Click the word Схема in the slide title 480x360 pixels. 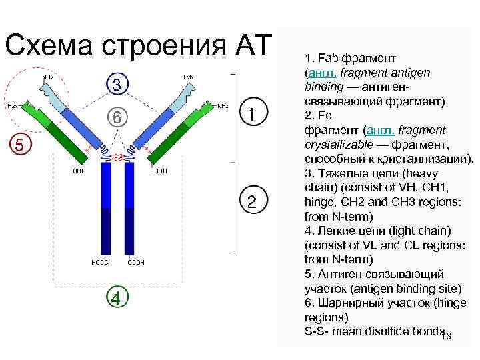click(48, 45)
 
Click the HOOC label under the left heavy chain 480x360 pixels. click(99, 262)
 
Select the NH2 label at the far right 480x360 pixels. click(223, 106)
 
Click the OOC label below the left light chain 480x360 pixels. click(79, 171)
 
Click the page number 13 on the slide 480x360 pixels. click(446, 336)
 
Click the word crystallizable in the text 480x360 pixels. click(336, 143)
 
